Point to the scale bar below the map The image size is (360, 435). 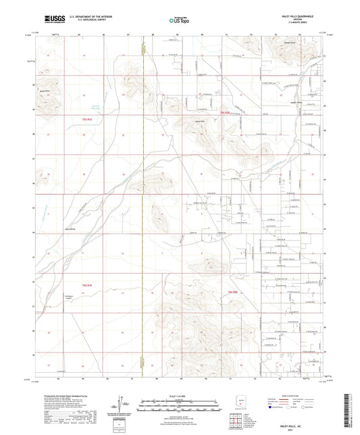(x=179, y=402)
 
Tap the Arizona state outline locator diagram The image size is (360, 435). (x=238, y=402)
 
